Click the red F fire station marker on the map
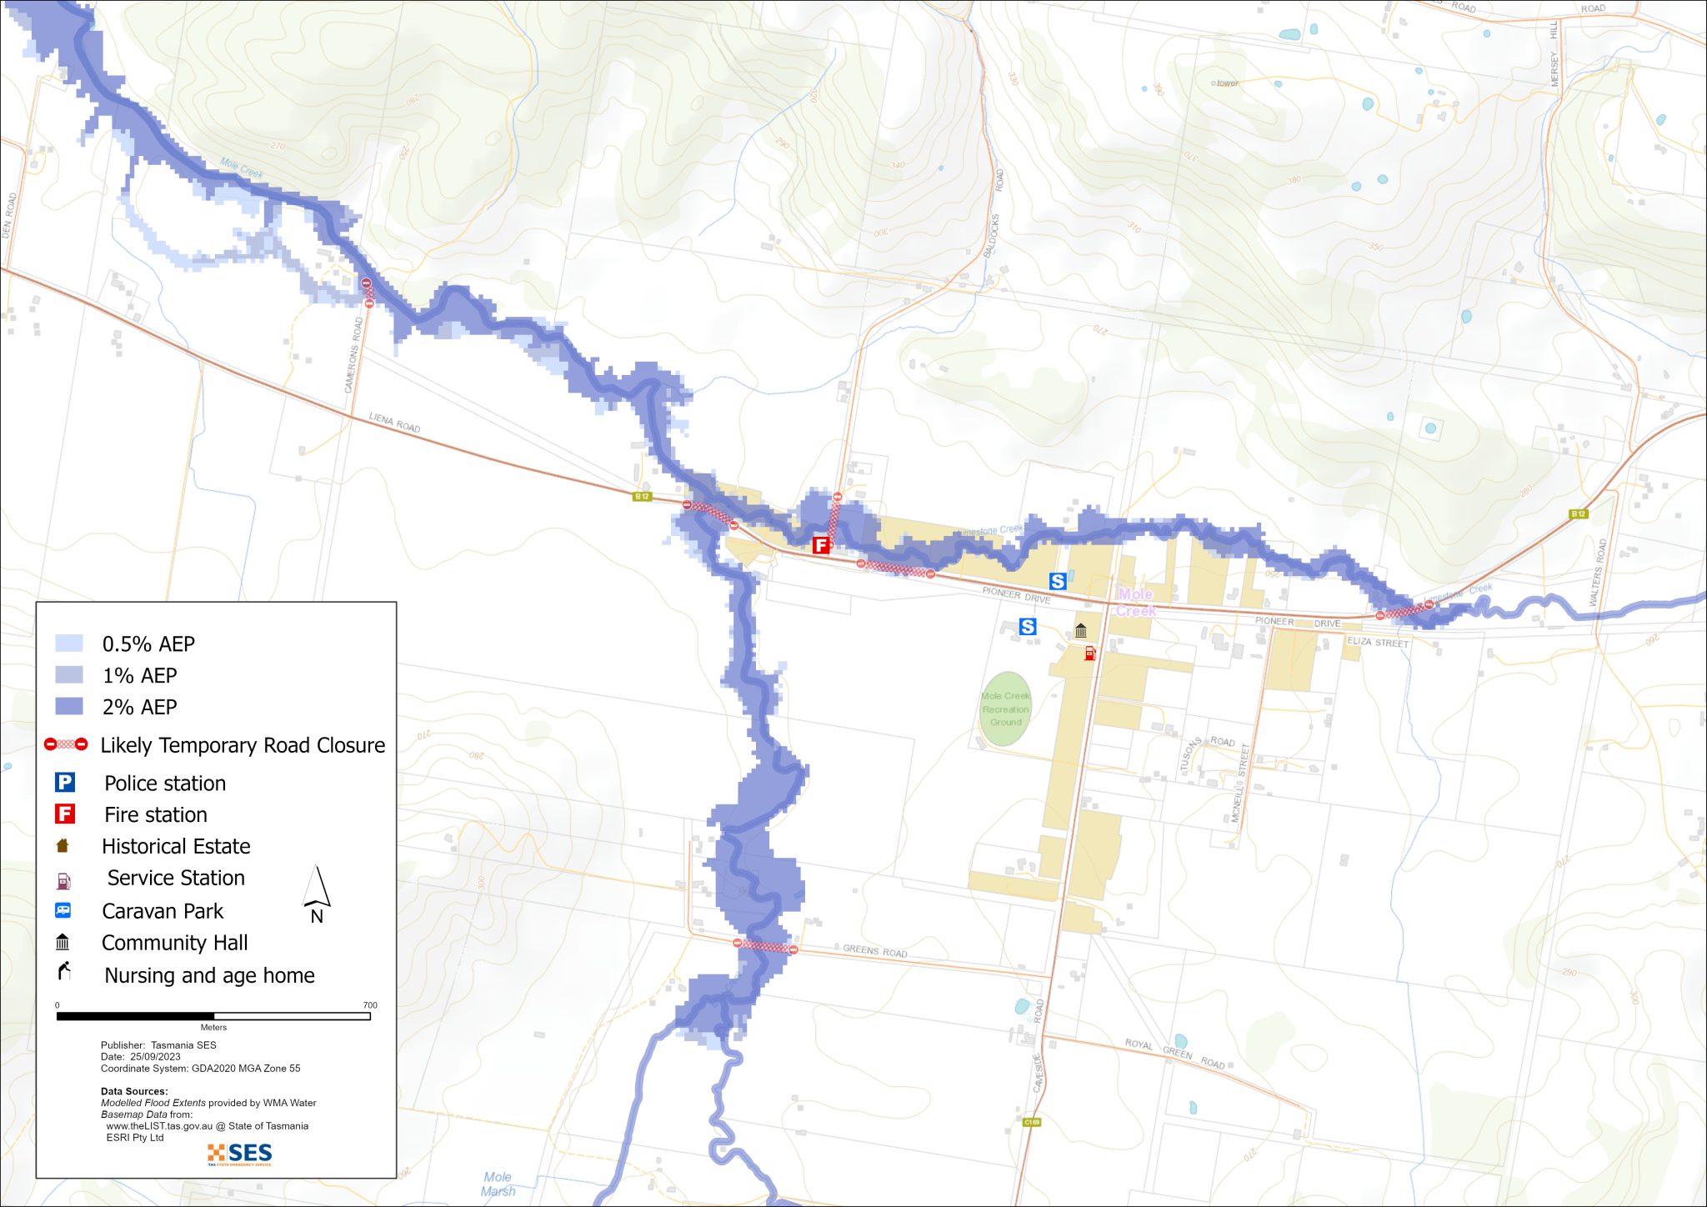click(x=821, y=545)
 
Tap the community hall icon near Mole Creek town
click(x=1080, y=630)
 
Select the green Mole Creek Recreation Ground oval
click(x=1005, y=709)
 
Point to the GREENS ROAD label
click(x=874, y=950)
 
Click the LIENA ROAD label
click(x=394, y=423)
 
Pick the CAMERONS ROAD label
click(x=355, y=355)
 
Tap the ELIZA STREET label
click(x=1377, y=643)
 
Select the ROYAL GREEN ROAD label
click(x=1174, y=1054)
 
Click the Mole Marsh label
click(x=498, y=1184)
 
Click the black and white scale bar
click(x=213, y=1016)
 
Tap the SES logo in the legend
click(x=240, y=1154)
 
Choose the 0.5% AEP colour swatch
click(x=69, y=644)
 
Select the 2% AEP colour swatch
click(x=69, y=707)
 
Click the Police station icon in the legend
click(x=65, y=783)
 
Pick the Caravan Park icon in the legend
click(x=63, y=910)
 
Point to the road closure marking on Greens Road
click(x=765, y=946)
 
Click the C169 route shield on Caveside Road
click(x=1032, y=1122)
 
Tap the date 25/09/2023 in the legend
click(x=155, y=1056)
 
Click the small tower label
click(x=1227, y=83)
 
